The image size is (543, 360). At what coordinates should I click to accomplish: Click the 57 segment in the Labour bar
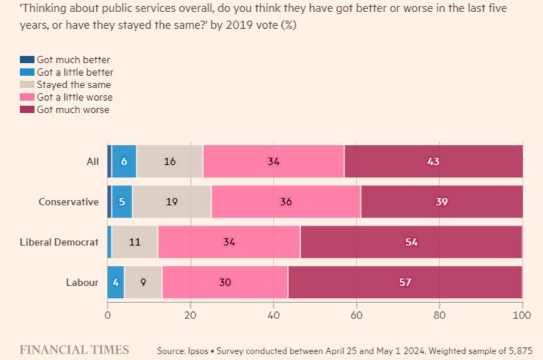[x=405, y=282]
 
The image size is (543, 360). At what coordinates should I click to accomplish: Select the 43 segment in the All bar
[x=433, y=161]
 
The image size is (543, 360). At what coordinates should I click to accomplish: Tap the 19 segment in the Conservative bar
[x=172, y=202]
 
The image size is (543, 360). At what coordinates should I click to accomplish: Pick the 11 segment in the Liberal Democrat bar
[x=134, y=242]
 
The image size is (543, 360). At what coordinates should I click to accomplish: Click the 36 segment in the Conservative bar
[x=286, y=202]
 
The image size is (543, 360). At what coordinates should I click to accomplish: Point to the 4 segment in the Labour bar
[x=115, y=282]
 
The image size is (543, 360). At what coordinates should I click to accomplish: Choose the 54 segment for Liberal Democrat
[x=411, y=242]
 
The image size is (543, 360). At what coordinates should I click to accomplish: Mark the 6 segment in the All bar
[x=124, y=161]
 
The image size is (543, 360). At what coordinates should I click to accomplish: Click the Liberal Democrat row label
[x=59, y=242]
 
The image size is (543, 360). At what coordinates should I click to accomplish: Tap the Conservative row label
[x=68, y=202]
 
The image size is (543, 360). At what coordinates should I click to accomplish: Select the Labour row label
[x=82, y=283]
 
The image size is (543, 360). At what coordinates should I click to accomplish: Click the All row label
[x=92, y=161]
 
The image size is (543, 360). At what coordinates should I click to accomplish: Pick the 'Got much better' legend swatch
[x=27, y=59]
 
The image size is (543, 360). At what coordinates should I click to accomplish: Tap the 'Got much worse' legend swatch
[x=27, y=109]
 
